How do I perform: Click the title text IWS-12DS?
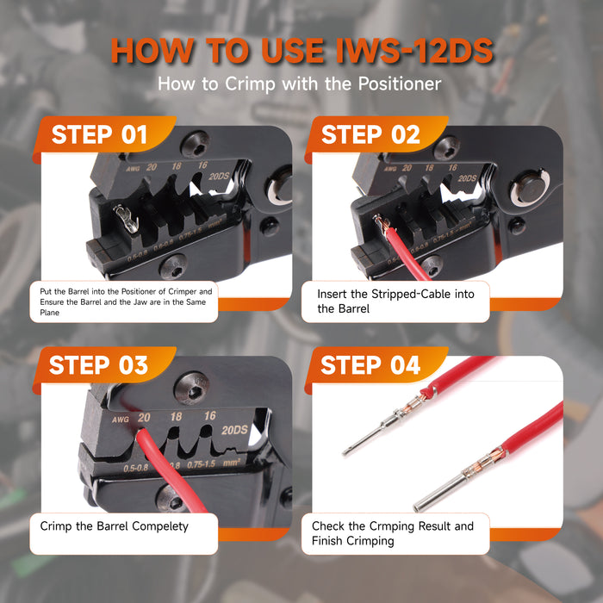coord(413,50)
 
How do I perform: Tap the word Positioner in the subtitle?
coord(400,84)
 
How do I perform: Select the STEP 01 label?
coord(99,134)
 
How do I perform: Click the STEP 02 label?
coord(370,134)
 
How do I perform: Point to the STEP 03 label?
coord(98,365)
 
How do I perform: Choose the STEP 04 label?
coord(370,365)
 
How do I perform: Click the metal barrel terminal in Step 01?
coord(126,219)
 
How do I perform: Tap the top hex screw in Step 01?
coord(195,144)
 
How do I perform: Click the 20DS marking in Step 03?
coord(234,430)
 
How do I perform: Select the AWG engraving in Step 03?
coord(121,420)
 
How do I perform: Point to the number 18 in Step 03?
coord(176,416)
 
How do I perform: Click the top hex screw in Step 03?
coord(191,388)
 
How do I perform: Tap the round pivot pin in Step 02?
coord(528,190)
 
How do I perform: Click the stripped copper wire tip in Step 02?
coord(380,223)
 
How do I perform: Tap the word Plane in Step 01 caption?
coord(50,313)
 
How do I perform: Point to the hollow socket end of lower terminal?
coord(418,507)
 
